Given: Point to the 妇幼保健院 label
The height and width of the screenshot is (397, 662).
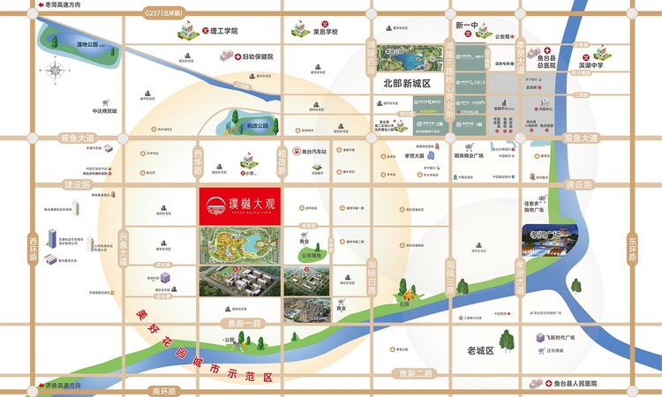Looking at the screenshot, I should coord(258,56).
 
